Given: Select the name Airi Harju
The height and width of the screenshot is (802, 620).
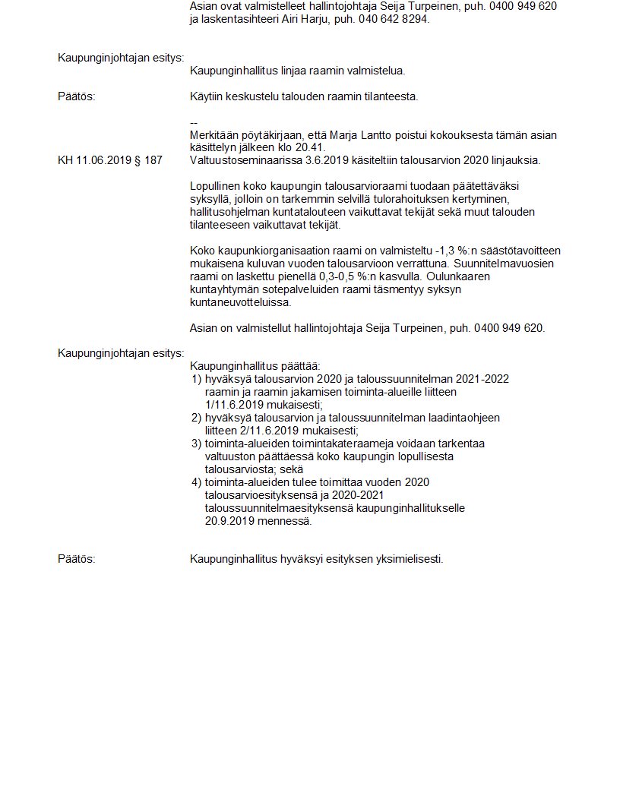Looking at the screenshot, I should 297,19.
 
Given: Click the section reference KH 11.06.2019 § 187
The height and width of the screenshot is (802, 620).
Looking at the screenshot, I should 109,160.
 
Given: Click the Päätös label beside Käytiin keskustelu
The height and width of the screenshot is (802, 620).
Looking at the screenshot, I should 77,96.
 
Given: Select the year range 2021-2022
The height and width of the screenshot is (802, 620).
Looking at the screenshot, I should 482,379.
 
